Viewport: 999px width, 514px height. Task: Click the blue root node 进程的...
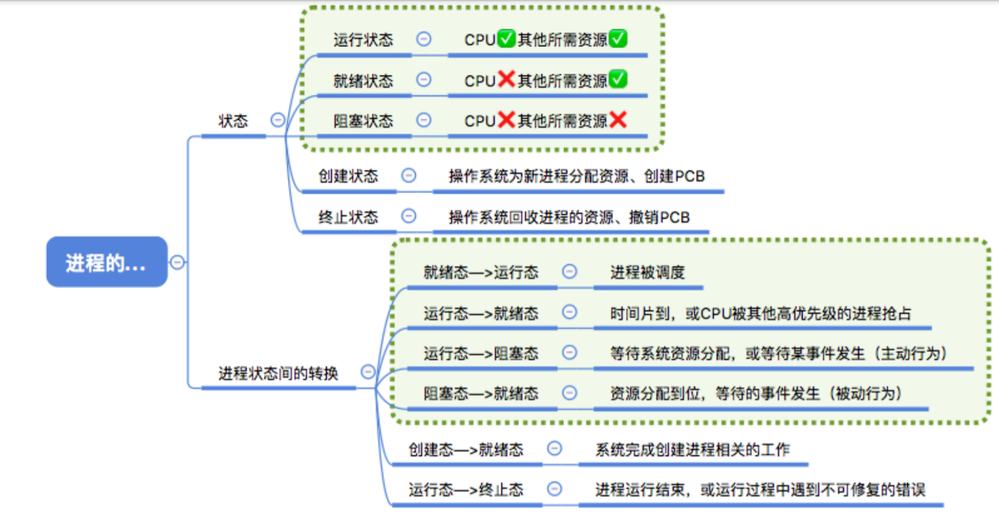(x=106, y=262)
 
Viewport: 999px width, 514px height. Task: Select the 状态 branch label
(x=233, y=120)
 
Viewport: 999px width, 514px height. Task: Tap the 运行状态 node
(x=363, y=40)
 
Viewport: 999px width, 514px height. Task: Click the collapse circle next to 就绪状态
(x=423, y=80)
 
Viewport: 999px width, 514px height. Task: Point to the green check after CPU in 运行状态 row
(x=506, y=39)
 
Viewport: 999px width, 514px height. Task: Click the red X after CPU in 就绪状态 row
(x=506, y=79)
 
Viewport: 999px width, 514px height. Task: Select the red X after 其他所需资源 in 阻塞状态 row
(x=618, y=120)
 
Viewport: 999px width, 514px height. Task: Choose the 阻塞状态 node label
(x=363, y=120)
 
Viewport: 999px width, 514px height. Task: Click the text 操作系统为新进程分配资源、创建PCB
(x=576, y=176)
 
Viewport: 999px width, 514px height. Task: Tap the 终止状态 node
(x=348, y=217)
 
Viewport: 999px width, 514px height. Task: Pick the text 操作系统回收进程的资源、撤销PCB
(x=569, y=217)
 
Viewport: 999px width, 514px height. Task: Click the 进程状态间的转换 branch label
(x=278, y=372)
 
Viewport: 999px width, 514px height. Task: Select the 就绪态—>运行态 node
(x=481, y=272)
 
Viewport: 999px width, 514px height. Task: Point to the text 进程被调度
(x=647, y=272)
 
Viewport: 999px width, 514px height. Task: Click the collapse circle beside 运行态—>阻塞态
(x=569, y=352)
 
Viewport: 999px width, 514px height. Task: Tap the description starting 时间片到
(x=761, y=313)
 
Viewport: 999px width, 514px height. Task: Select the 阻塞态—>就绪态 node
(x=481, y=394)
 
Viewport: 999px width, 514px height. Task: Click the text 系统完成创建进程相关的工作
(x=692, y=450)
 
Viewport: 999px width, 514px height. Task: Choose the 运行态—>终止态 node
(x=465, y=489)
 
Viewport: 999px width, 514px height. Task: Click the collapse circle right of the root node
(x=177, y=262)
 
